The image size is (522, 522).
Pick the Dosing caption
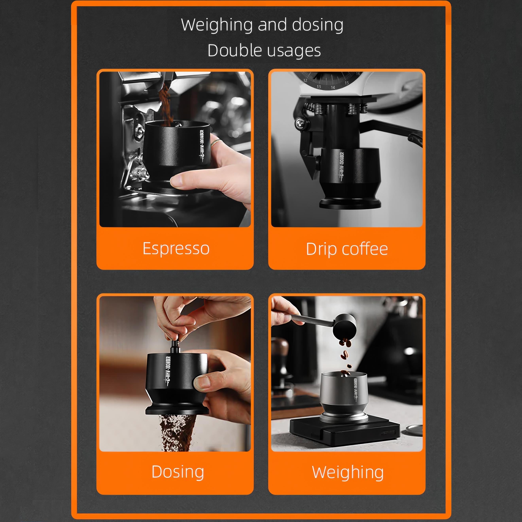click(x=178, y=472)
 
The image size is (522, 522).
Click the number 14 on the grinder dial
click(x=333, y=87)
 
